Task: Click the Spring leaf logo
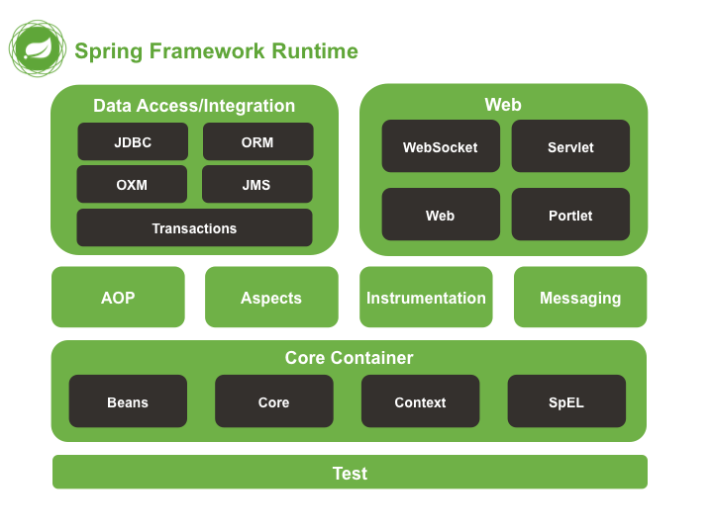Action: [39, 48]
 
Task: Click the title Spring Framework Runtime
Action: [216, 51]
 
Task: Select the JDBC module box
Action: [133, 142]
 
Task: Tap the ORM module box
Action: [257, 142]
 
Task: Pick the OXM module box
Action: [132, 185]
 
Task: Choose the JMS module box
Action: [256, 185]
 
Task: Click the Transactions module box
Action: [194, 228]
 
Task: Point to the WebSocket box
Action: [440, 147]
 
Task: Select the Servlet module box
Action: [570, 147]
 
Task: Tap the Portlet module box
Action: [570, 216]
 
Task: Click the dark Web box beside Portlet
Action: [440, 216]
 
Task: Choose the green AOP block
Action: [118, 298]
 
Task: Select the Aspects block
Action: [271, 298]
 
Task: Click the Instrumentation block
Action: [426, 298]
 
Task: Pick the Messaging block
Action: [580, 298]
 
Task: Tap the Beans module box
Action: [128, 402]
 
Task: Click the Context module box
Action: [420, 402]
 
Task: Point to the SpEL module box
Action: [566, 402]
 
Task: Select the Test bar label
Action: [350, 474]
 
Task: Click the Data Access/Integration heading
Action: [194, 106]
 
